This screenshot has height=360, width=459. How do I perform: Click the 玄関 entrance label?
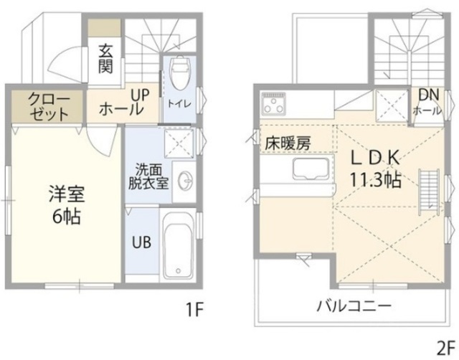(105, 59)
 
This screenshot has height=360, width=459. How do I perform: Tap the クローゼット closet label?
(49, 106)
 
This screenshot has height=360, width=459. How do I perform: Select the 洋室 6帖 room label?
(65, 204)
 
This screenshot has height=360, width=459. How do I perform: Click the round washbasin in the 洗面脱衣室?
(184, 179)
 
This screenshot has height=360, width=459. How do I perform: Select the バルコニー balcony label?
(354, 305)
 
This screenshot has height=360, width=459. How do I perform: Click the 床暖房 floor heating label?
(287, 143)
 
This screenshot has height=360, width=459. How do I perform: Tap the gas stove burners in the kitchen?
(273, 108)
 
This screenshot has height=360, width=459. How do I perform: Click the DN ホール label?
(427, 103)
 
